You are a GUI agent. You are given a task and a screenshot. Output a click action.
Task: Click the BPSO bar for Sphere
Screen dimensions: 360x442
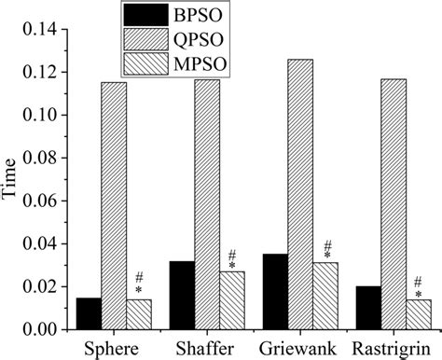[89, 314]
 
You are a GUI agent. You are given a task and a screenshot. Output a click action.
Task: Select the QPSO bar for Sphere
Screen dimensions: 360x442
[114, 206]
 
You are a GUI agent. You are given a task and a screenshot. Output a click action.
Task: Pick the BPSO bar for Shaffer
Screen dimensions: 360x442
[182, 296]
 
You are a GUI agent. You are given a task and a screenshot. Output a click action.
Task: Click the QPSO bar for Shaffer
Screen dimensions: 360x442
[207, 204]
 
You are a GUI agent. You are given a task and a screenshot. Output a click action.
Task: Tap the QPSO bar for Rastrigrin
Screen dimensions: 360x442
[394, 204]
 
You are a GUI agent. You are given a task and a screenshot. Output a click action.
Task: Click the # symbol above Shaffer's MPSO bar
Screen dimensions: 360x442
[232, 254]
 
